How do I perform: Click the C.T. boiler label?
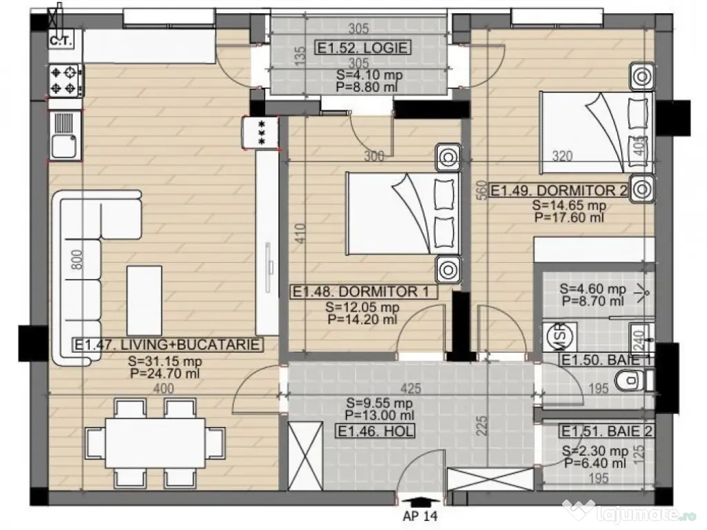pos(61,41)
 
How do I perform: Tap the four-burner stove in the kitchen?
pos(66,81)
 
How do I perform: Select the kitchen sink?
pos(64,135)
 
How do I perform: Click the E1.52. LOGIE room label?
pos(362,48)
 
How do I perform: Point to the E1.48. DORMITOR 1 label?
pos(363,292)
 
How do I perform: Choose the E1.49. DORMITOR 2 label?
pos(559,190)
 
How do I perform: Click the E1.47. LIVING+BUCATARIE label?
pos(168,345)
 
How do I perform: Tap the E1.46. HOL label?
pos(376,431)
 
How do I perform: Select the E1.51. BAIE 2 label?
pos(606,431)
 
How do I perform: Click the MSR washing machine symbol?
pos(559,336)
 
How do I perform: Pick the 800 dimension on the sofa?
pos(77,259)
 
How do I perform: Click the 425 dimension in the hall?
pos(410,388)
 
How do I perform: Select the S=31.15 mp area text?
pos(164,361)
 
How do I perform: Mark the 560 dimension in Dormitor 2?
pos(481,190)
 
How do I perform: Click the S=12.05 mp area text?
pos(362,307)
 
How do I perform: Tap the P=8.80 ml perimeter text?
pos(367,87)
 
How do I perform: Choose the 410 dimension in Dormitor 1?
pos(300,233)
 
